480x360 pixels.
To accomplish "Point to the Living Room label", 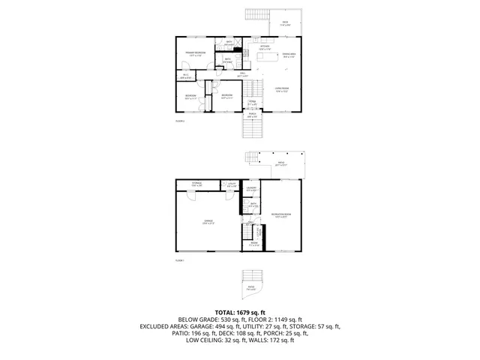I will (x=283, y=91).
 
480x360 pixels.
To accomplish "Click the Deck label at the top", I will (x=285, y=24).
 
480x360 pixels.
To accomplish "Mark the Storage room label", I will (x=196, y=184).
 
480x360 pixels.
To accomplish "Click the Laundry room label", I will (x=253, y=190).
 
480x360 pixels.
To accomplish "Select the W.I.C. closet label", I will (x=185, y=76).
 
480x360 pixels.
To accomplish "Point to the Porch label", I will (x=253, y=116).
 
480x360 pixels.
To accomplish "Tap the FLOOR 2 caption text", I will (x=180, y=120).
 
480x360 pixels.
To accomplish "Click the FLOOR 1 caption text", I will (x=180, y=260).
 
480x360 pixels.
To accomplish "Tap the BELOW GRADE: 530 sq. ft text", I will (x=201, y=319).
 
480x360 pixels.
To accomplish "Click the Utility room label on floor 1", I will (x=232, y=184).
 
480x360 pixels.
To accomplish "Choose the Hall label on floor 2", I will (x=241, y=75).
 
